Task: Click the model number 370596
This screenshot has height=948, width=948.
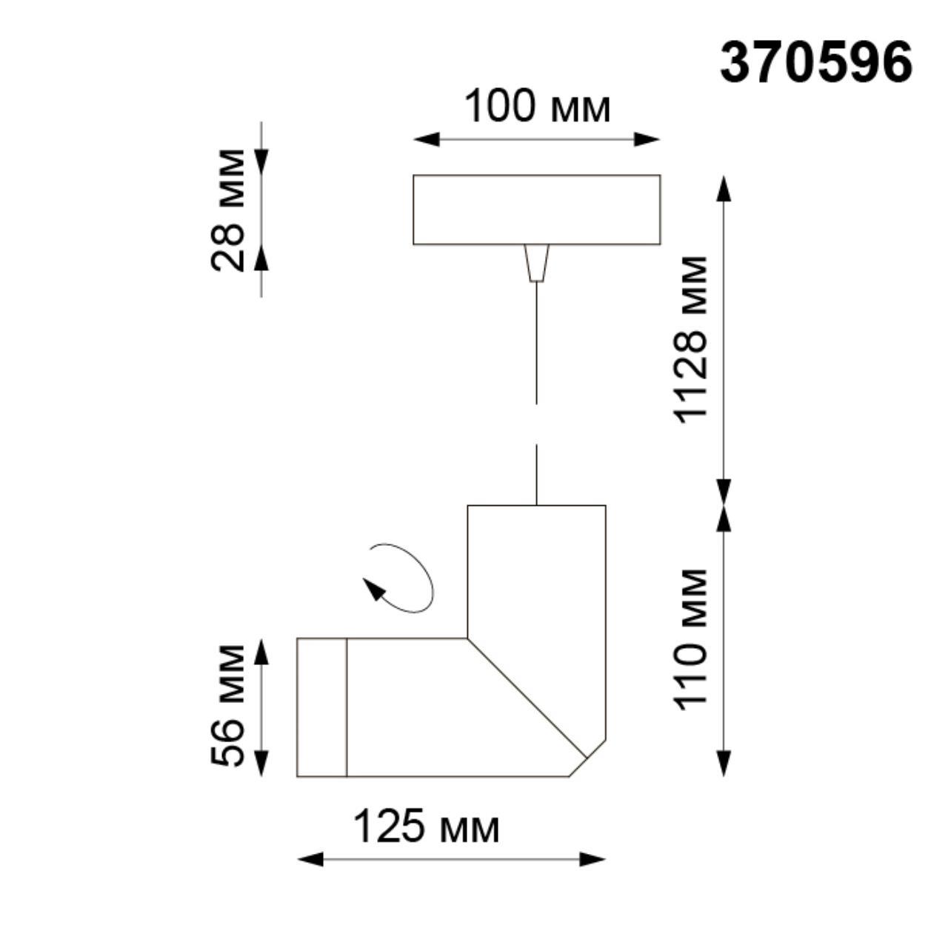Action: click(815, 62)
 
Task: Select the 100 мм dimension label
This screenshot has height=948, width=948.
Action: click(537, 107)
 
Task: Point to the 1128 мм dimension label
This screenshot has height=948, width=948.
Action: click(690, 339)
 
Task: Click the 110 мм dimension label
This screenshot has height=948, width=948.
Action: click(690, 639)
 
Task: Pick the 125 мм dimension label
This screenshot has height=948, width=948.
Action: click(426, 827)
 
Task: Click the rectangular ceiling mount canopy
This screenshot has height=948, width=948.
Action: click(536, 210)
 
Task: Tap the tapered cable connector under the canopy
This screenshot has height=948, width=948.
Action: click(536, 263)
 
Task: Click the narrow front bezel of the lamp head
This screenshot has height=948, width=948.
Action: click(322, 707)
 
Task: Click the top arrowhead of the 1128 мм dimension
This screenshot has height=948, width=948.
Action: click(724, 188)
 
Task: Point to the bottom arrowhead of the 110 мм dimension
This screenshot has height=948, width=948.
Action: click(724, 763)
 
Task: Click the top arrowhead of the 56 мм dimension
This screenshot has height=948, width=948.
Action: click(261, 652)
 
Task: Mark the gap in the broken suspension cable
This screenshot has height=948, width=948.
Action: click(536, 424)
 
